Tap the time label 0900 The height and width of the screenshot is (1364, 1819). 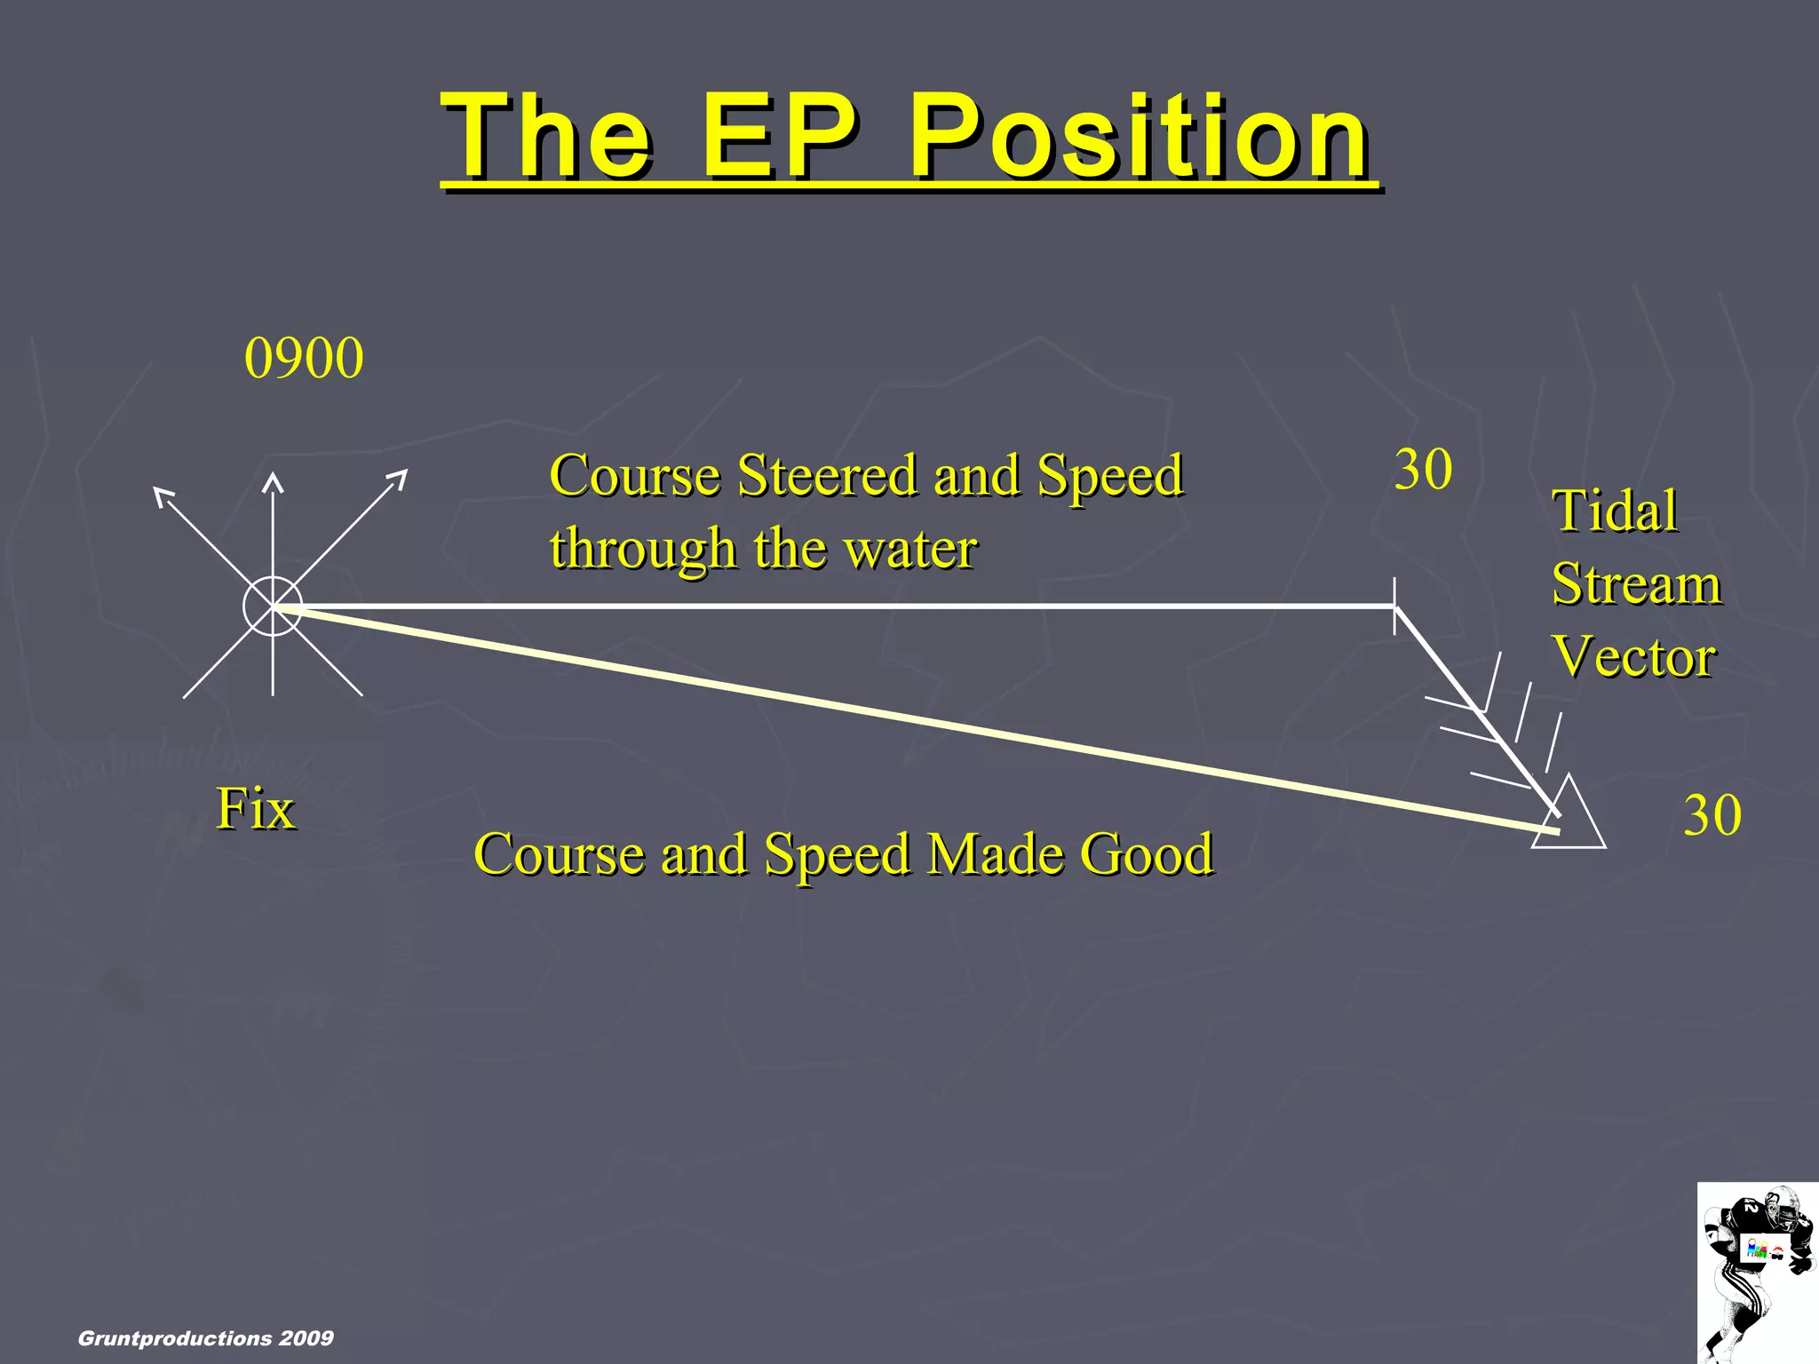tap(304, 359)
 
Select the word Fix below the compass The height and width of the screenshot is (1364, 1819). tap(256, 809)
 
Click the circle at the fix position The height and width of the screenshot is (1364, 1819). tap(273, 607)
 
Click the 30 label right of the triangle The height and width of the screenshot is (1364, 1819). tap(1712, 815)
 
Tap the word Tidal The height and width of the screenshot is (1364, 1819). tap(1615, 511)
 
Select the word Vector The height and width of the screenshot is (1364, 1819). tap(1634, 657)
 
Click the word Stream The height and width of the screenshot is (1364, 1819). tap(1636, 584)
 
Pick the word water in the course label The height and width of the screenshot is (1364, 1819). tap(910, 549)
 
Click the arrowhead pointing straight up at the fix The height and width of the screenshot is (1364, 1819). tap(273, 483)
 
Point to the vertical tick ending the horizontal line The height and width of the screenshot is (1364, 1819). tap(1394, 605)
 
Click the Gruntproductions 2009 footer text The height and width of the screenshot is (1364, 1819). tap(206, 1338)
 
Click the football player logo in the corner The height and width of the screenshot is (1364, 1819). tap(1757, 1272)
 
